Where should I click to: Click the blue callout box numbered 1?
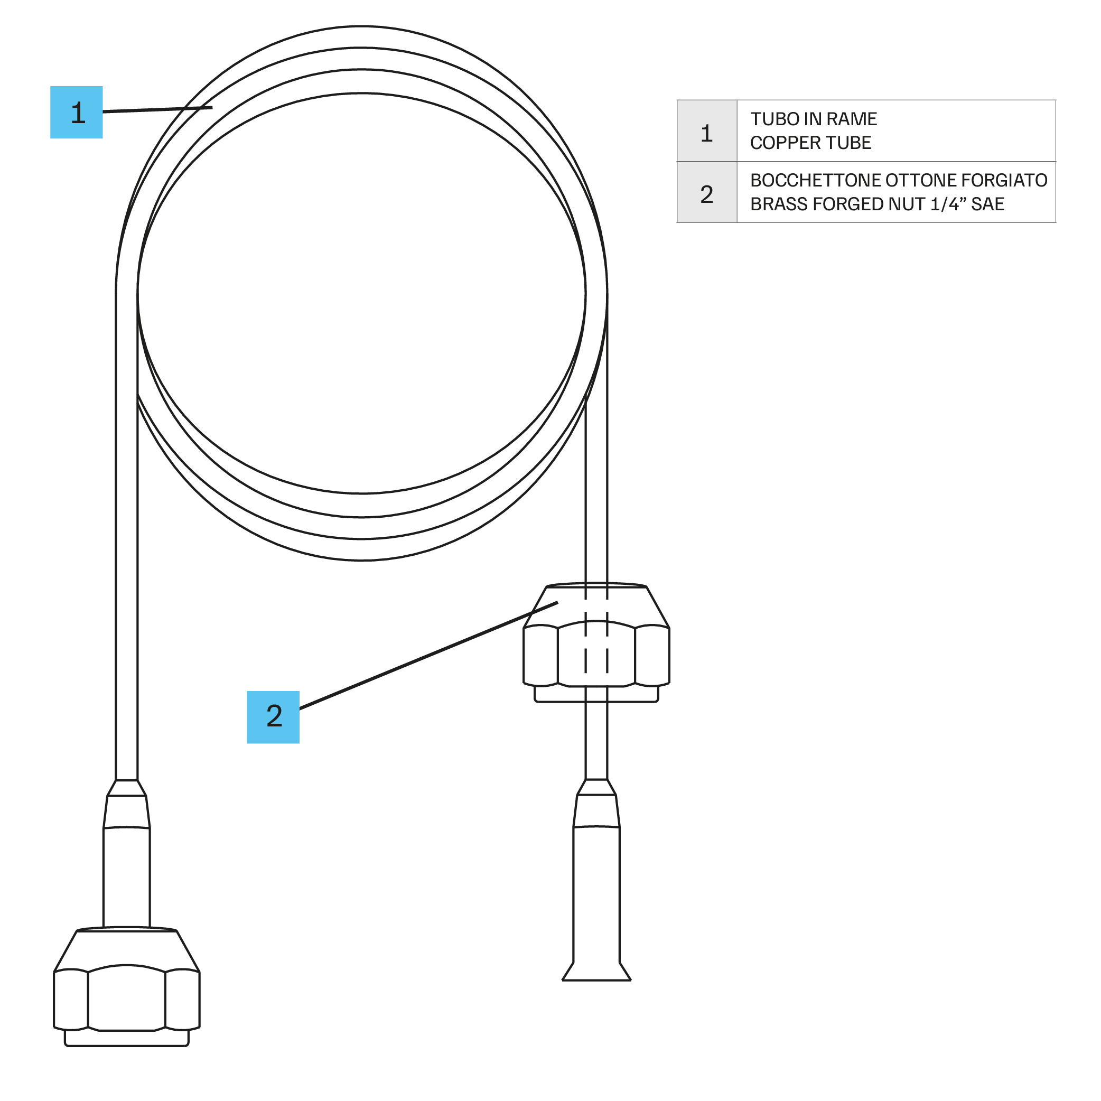(x=77, y=112)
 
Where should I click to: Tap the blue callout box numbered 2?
(x=273, y=717)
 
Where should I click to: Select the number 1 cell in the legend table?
(x=707, y=131)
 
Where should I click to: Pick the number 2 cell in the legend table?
(x=707, y=193)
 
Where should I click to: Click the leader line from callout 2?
(x=428, y=655)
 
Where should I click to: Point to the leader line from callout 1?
(x=157, y=109)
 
